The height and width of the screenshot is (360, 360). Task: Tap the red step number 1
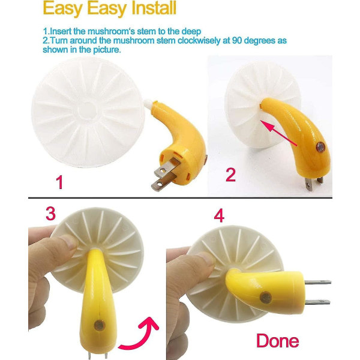[x=59, y=182]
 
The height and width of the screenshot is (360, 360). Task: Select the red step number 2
[x=231, y=175]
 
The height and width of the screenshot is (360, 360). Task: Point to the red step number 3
[x=51, y=213]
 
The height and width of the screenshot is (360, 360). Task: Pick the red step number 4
[x=219, y=216]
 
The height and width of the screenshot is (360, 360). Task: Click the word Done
[x=278, y=341]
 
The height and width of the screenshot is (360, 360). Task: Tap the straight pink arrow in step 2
[x=278, y=133]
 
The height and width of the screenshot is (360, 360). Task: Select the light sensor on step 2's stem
[x=320, y=147]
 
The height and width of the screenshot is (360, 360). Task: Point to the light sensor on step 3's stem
[x=100, y=325]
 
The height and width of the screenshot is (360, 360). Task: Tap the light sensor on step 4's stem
[x=266, y=298]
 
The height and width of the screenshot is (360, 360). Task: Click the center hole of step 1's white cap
[x=88, y=111]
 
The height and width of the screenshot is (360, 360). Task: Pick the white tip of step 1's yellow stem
[x=149, y=103]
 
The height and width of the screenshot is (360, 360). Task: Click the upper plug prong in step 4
[x=318, y=282]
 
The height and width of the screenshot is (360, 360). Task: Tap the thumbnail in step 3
[x=70, y=242]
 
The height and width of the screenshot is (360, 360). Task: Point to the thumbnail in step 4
[x=207, y=259]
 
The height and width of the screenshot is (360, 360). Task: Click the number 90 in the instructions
[x=237, y=40]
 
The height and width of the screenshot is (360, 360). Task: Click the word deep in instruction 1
[x=191, y=31]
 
